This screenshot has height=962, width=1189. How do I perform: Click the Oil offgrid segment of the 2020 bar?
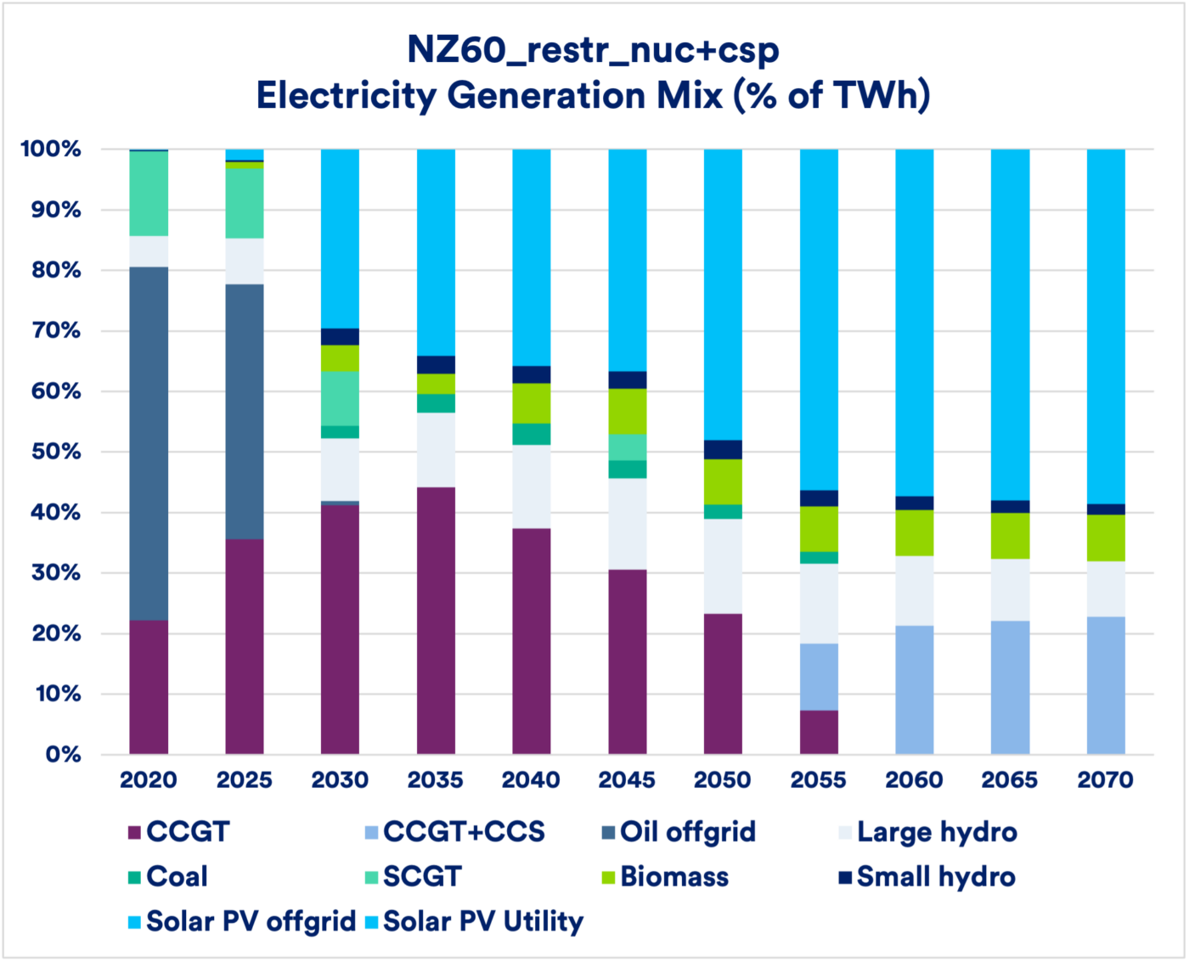pos(149,443)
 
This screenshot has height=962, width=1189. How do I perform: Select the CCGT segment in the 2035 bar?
pos(436,621)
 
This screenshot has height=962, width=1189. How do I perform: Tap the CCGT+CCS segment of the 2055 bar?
pos(819,677)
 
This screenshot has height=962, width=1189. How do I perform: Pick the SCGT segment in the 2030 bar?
pos(340,398)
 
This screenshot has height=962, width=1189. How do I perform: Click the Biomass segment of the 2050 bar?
pos(723,481)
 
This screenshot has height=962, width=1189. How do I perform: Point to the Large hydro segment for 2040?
pos(532,487)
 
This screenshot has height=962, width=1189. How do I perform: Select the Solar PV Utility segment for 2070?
pos(1106,327)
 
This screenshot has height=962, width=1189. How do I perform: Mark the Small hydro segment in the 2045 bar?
pos(628,380)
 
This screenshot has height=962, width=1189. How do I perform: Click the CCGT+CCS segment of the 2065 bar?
pos(1011,687)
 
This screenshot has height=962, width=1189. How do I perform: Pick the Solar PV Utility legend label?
pos(483,921)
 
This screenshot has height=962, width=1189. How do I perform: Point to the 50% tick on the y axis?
pos(50,452)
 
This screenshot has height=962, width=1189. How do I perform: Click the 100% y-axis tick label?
pos(50,149)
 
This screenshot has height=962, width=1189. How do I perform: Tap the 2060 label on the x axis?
pos(914,779)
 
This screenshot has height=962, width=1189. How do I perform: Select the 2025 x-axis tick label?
pos(245,779)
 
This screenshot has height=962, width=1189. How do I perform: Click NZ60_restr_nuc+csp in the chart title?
pos(593,50)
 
